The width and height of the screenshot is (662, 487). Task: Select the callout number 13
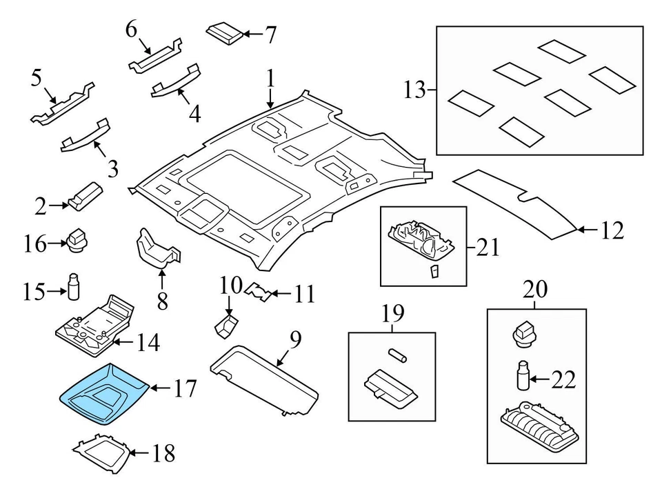pos(414,90)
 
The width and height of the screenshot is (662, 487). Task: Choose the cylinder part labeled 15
pos(72,288)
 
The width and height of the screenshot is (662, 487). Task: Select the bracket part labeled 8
pos(157,248)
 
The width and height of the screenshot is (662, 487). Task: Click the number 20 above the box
pos(534,291)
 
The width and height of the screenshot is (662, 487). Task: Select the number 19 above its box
pos(392,316)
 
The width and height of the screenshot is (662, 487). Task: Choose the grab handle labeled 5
pos(62,103)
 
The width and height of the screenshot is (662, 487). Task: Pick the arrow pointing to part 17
pos(159,389)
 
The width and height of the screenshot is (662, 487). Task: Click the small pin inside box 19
pos(395,355)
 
